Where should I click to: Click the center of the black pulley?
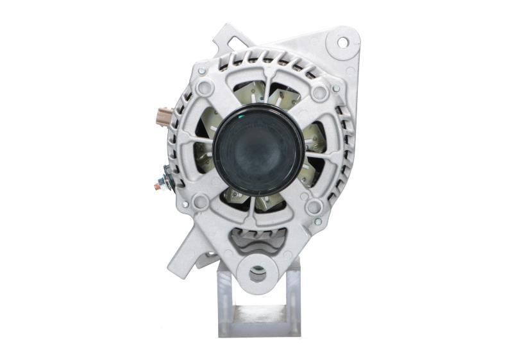click(x=258, y=150)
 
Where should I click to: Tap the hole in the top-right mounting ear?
click(x=342, y=42)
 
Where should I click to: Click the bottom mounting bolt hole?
click(x=257, y=274)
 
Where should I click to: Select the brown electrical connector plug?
click(x=165, y=117)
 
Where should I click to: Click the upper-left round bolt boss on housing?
click(x=205, y=88)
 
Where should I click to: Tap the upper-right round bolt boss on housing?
click(x=319, y=92)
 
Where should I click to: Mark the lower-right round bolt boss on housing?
click(x=314, y=207)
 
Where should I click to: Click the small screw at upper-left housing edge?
click(x=201, y=71)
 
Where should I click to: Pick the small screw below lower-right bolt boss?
click(x=318, y=221)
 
